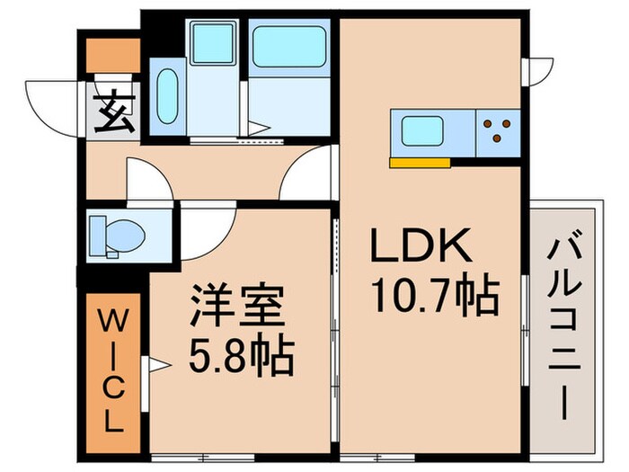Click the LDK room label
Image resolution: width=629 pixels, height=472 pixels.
coord(418,245)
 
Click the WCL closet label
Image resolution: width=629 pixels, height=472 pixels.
coord(114,371)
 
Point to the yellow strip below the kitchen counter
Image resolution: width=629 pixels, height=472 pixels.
coord(420,163)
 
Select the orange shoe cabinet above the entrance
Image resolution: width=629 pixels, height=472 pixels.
coord(113,55)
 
